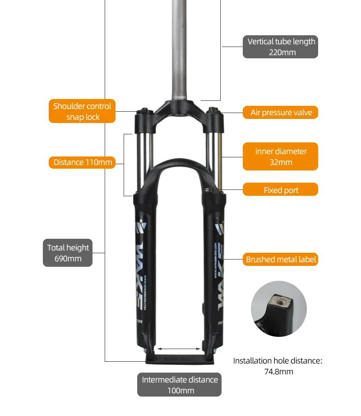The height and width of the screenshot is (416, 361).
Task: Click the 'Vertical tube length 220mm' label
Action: click(280, 47)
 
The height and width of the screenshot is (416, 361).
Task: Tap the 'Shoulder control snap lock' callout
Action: click(82, 111)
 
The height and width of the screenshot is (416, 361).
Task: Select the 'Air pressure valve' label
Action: click(281, 113)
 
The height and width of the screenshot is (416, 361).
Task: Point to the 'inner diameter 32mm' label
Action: click(280, 156)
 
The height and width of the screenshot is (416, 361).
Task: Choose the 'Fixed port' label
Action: click(281, 190)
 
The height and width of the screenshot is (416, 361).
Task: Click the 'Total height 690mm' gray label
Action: click(68, 253)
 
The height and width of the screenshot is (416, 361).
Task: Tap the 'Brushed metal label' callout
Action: click(281, 260)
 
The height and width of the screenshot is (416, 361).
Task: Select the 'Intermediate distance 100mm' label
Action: click(179, 385)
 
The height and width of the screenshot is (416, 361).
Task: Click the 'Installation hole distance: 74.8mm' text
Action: click(278, 366)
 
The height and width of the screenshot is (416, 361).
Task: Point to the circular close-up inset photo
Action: click(278, 308)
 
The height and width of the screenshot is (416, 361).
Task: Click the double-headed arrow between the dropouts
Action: click(179, 349)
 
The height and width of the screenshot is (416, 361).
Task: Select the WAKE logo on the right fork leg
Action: click(217, 271)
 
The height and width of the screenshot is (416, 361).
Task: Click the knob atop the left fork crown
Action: click(144, 110)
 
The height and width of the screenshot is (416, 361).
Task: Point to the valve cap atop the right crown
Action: click(213, 110)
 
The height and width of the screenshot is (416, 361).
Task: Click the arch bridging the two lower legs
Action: click(179, 165)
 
